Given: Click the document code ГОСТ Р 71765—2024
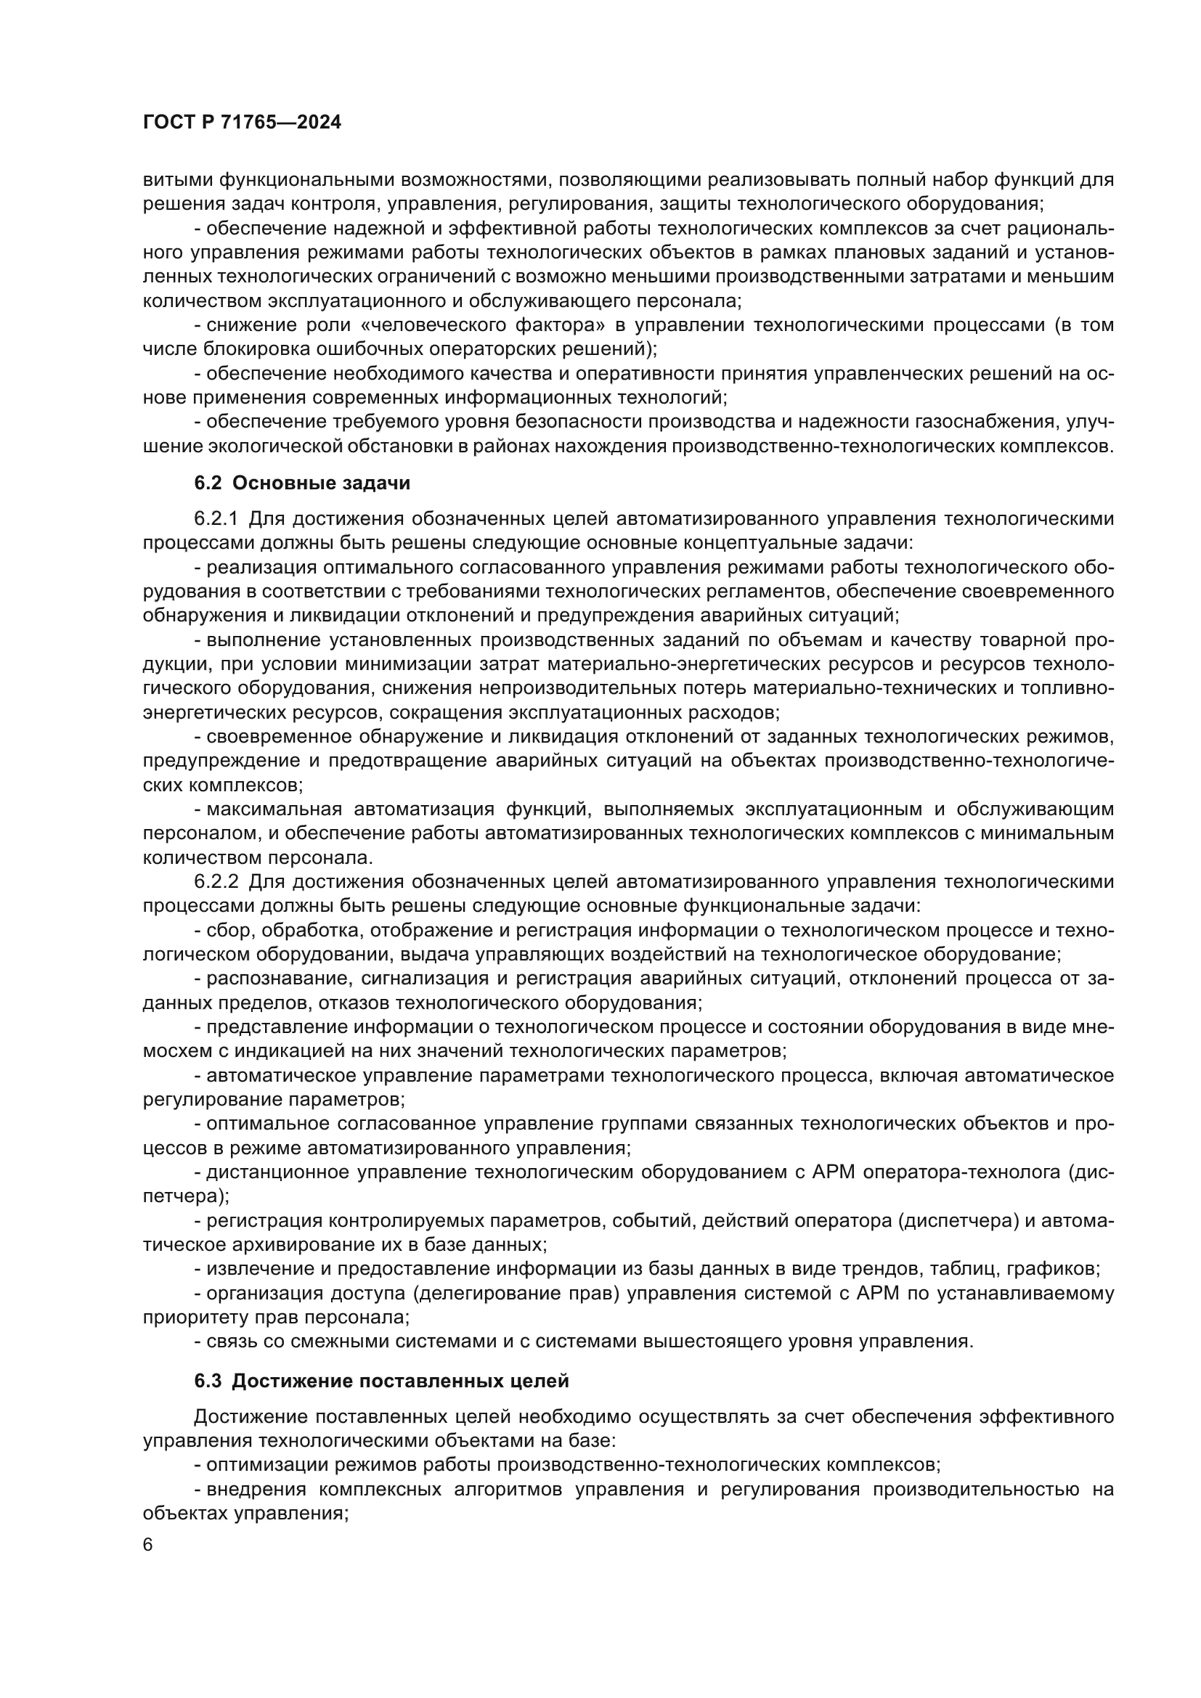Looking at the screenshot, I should pyautogui.click(x=242, y=123).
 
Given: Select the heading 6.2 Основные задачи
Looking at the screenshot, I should pyautogui.click(x=302, y=483).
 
